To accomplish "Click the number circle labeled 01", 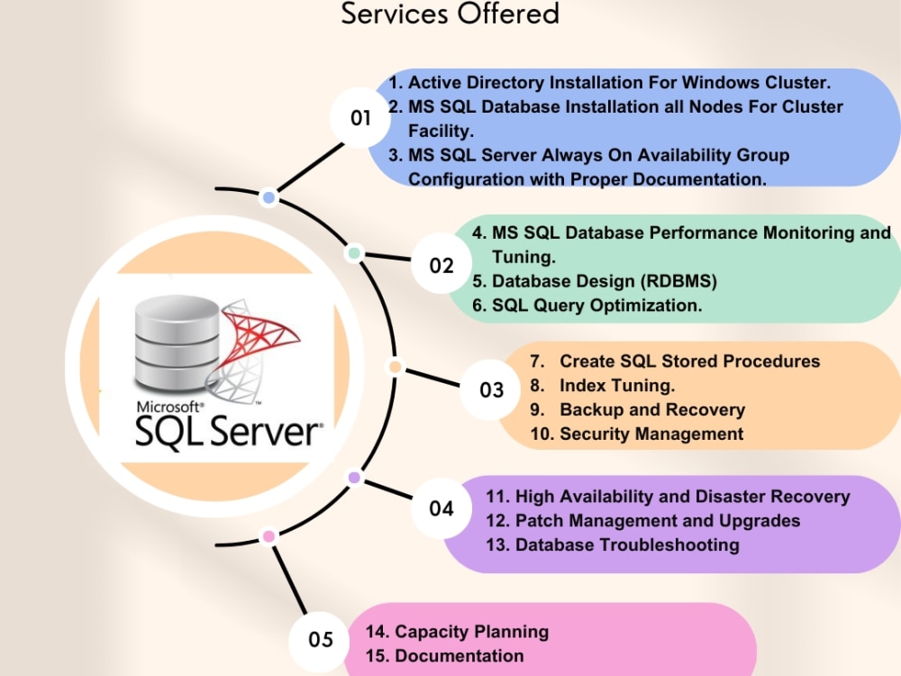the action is pos(360,118).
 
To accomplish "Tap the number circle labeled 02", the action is pos(441,264).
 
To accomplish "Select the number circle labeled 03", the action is pos(491,389).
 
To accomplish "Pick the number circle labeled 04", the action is pos(441,508).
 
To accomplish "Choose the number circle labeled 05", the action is pos(320,639).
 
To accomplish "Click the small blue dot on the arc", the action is pos(268,197).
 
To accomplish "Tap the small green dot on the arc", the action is pos(354,253).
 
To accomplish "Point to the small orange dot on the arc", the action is pos(395,367).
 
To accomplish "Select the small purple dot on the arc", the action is pos(354,477).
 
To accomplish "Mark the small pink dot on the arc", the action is pos(268,536).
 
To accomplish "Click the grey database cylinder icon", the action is pos(177,343).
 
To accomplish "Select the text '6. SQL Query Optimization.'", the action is pos(587,306).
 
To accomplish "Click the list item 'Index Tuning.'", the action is pos(617,385).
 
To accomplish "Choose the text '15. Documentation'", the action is pos(444,656).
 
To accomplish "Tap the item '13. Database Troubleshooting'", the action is pos(613,545).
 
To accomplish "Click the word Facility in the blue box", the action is pos(441,131).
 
